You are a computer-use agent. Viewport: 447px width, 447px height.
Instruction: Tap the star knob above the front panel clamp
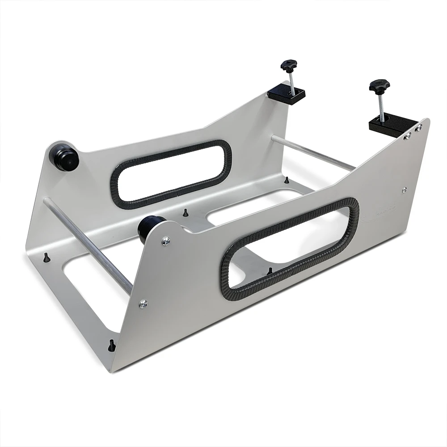point(379,85)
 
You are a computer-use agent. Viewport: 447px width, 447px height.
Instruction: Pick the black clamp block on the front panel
point(390,123)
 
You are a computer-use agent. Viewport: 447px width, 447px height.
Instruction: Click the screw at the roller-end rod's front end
point(143,304)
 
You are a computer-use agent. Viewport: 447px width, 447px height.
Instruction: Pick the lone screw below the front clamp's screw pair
point(405,190)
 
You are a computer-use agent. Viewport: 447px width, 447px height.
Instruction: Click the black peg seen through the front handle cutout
point(270,271)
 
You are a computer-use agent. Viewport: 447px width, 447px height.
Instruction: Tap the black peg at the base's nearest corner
point(112,345)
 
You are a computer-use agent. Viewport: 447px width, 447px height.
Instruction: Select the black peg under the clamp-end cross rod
point(286,180)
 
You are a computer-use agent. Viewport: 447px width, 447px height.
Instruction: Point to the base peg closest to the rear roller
point(46,258)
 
